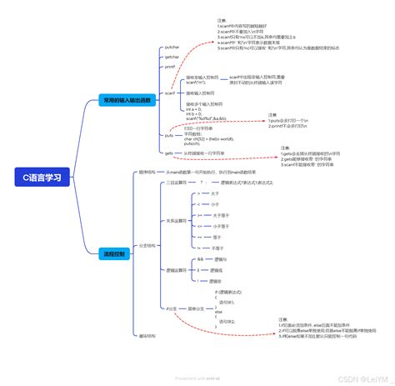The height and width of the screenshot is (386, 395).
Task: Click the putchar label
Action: click(x=171, y=48)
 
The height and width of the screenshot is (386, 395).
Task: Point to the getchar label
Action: click(x=171, y=57)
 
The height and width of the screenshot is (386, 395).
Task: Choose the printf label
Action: click(x=169, y=66)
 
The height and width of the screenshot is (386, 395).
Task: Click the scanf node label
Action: click(x=169, y=93)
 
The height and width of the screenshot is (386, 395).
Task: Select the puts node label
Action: click(x=168, y=134)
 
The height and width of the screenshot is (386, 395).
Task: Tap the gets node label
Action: click(x=168, y=153)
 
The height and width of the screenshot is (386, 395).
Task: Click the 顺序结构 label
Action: click(x=147, y=172)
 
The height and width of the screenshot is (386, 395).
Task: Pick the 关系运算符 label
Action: click(x=175, y=221)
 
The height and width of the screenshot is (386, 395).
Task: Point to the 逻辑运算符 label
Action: click(x=175, y=270)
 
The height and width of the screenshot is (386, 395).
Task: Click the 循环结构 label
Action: click(x=147, y=335)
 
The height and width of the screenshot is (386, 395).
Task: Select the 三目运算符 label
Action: click(x=175, y=181)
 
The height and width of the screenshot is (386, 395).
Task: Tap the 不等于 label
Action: click(x=217, y=248)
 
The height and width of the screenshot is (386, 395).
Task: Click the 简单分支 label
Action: click(x=197, y=308)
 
